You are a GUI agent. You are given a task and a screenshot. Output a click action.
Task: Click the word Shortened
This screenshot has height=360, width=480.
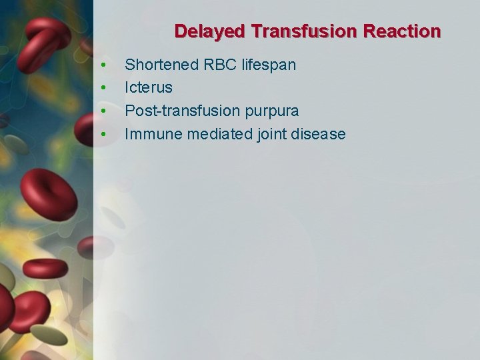[x=161, y=65]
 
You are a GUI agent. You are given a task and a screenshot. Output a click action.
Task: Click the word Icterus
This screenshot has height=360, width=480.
[x=148, y=87]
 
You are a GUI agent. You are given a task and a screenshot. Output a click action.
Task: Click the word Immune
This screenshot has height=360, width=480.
[x=153, y=134]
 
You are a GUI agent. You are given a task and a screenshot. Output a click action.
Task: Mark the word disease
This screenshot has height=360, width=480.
[x=319, y=134]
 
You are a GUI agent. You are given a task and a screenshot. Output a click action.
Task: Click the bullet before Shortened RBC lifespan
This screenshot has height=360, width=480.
[x=103, y=65]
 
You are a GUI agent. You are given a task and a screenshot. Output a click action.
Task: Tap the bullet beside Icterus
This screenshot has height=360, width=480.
[x=103, y=88]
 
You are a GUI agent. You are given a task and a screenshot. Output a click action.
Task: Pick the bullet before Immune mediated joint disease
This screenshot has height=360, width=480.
[x=103, y=135]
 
